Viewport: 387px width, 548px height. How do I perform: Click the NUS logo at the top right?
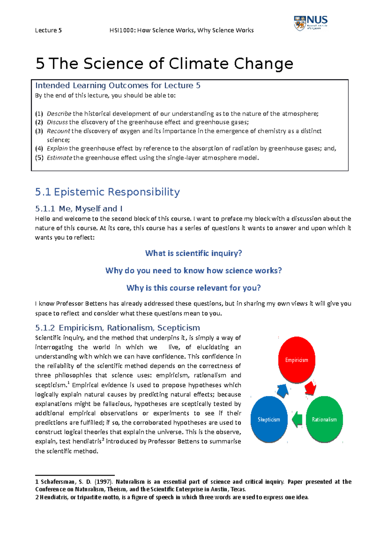pyautogui.click(x=311, y=23)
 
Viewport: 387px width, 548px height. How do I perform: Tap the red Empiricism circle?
pyautogui.click(x=296, y=360)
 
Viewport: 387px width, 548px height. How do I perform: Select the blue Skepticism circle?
pyautogui.click(x=269, y=419)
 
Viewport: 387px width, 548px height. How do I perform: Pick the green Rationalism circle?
pyautogui.click(x=324, y=419)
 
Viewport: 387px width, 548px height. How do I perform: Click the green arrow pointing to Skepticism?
pyautogui.click(x=297, y=420)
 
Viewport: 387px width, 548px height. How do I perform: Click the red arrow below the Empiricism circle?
pyautogui.click(x=310, y=388)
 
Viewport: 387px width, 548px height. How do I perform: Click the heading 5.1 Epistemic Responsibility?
pyautogui.click(x=107, y=192)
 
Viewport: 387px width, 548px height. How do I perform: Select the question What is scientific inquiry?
pyautogui.click(x=193, y=253)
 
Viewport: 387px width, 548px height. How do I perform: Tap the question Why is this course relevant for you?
pyautogui.click(x=193, y=288)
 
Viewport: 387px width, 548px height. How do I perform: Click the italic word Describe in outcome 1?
pyautogui.click(x=59, y=114)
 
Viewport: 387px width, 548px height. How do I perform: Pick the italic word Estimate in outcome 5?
pyautogui.click(x=59, y=158)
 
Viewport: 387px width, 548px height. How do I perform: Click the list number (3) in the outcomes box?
pyautogui.click(x=39, y=131)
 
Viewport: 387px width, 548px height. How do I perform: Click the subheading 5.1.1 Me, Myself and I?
pyautogui.click(x=79, y=209)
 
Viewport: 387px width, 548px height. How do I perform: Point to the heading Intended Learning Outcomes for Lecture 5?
pyautogui.click(x=118, y=86)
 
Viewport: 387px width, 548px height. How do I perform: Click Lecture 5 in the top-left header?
pyautogui.click(x=48, y=30)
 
